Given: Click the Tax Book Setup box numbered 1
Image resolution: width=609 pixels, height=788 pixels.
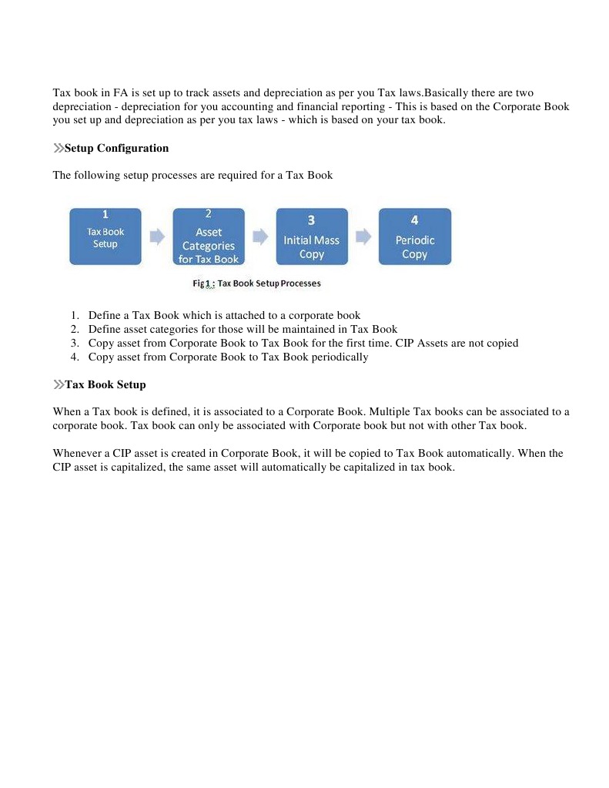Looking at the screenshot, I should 105,236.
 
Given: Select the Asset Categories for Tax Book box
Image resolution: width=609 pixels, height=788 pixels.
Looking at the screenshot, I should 209,236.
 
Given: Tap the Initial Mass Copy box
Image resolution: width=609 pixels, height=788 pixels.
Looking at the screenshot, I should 312,236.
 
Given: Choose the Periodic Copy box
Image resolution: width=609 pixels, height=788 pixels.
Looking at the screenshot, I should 415,236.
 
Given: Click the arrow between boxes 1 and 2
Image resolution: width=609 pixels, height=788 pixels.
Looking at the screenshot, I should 157,236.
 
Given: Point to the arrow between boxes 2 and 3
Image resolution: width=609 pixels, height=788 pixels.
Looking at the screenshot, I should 260,236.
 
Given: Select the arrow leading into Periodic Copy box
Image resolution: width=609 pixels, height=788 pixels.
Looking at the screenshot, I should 363,236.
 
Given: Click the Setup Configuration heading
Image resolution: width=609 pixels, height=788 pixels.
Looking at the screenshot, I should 116,148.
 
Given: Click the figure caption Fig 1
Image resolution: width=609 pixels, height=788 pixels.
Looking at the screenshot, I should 256,283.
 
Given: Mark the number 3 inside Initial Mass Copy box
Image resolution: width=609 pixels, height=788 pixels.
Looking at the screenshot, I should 311,220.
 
